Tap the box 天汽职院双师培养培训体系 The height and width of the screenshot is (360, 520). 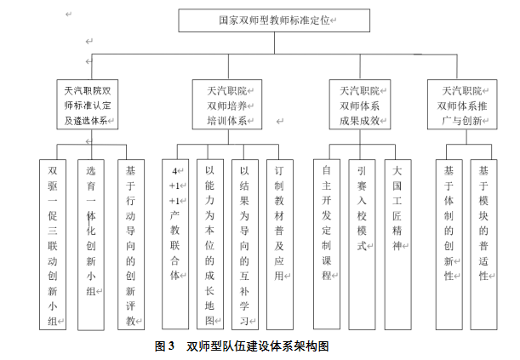(x=226, y=106)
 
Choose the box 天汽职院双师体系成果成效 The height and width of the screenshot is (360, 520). (x=364, y=106)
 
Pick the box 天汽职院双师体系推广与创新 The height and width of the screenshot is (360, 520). (x=462, y=106)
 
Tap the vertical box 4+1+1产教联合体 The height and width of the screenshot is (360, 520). (x=176, y=243)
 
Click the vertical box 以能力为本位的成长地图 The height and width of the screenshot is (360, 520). (x=210, y=243)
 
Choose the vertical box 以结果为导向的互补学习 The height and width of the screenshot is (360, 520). (x=245, y=243)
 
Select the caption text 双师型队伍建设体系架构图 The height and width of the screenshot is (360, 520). (x=257, y=346)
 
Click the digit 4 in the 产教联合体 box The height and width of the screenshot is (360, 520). (x=174, y=169)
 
